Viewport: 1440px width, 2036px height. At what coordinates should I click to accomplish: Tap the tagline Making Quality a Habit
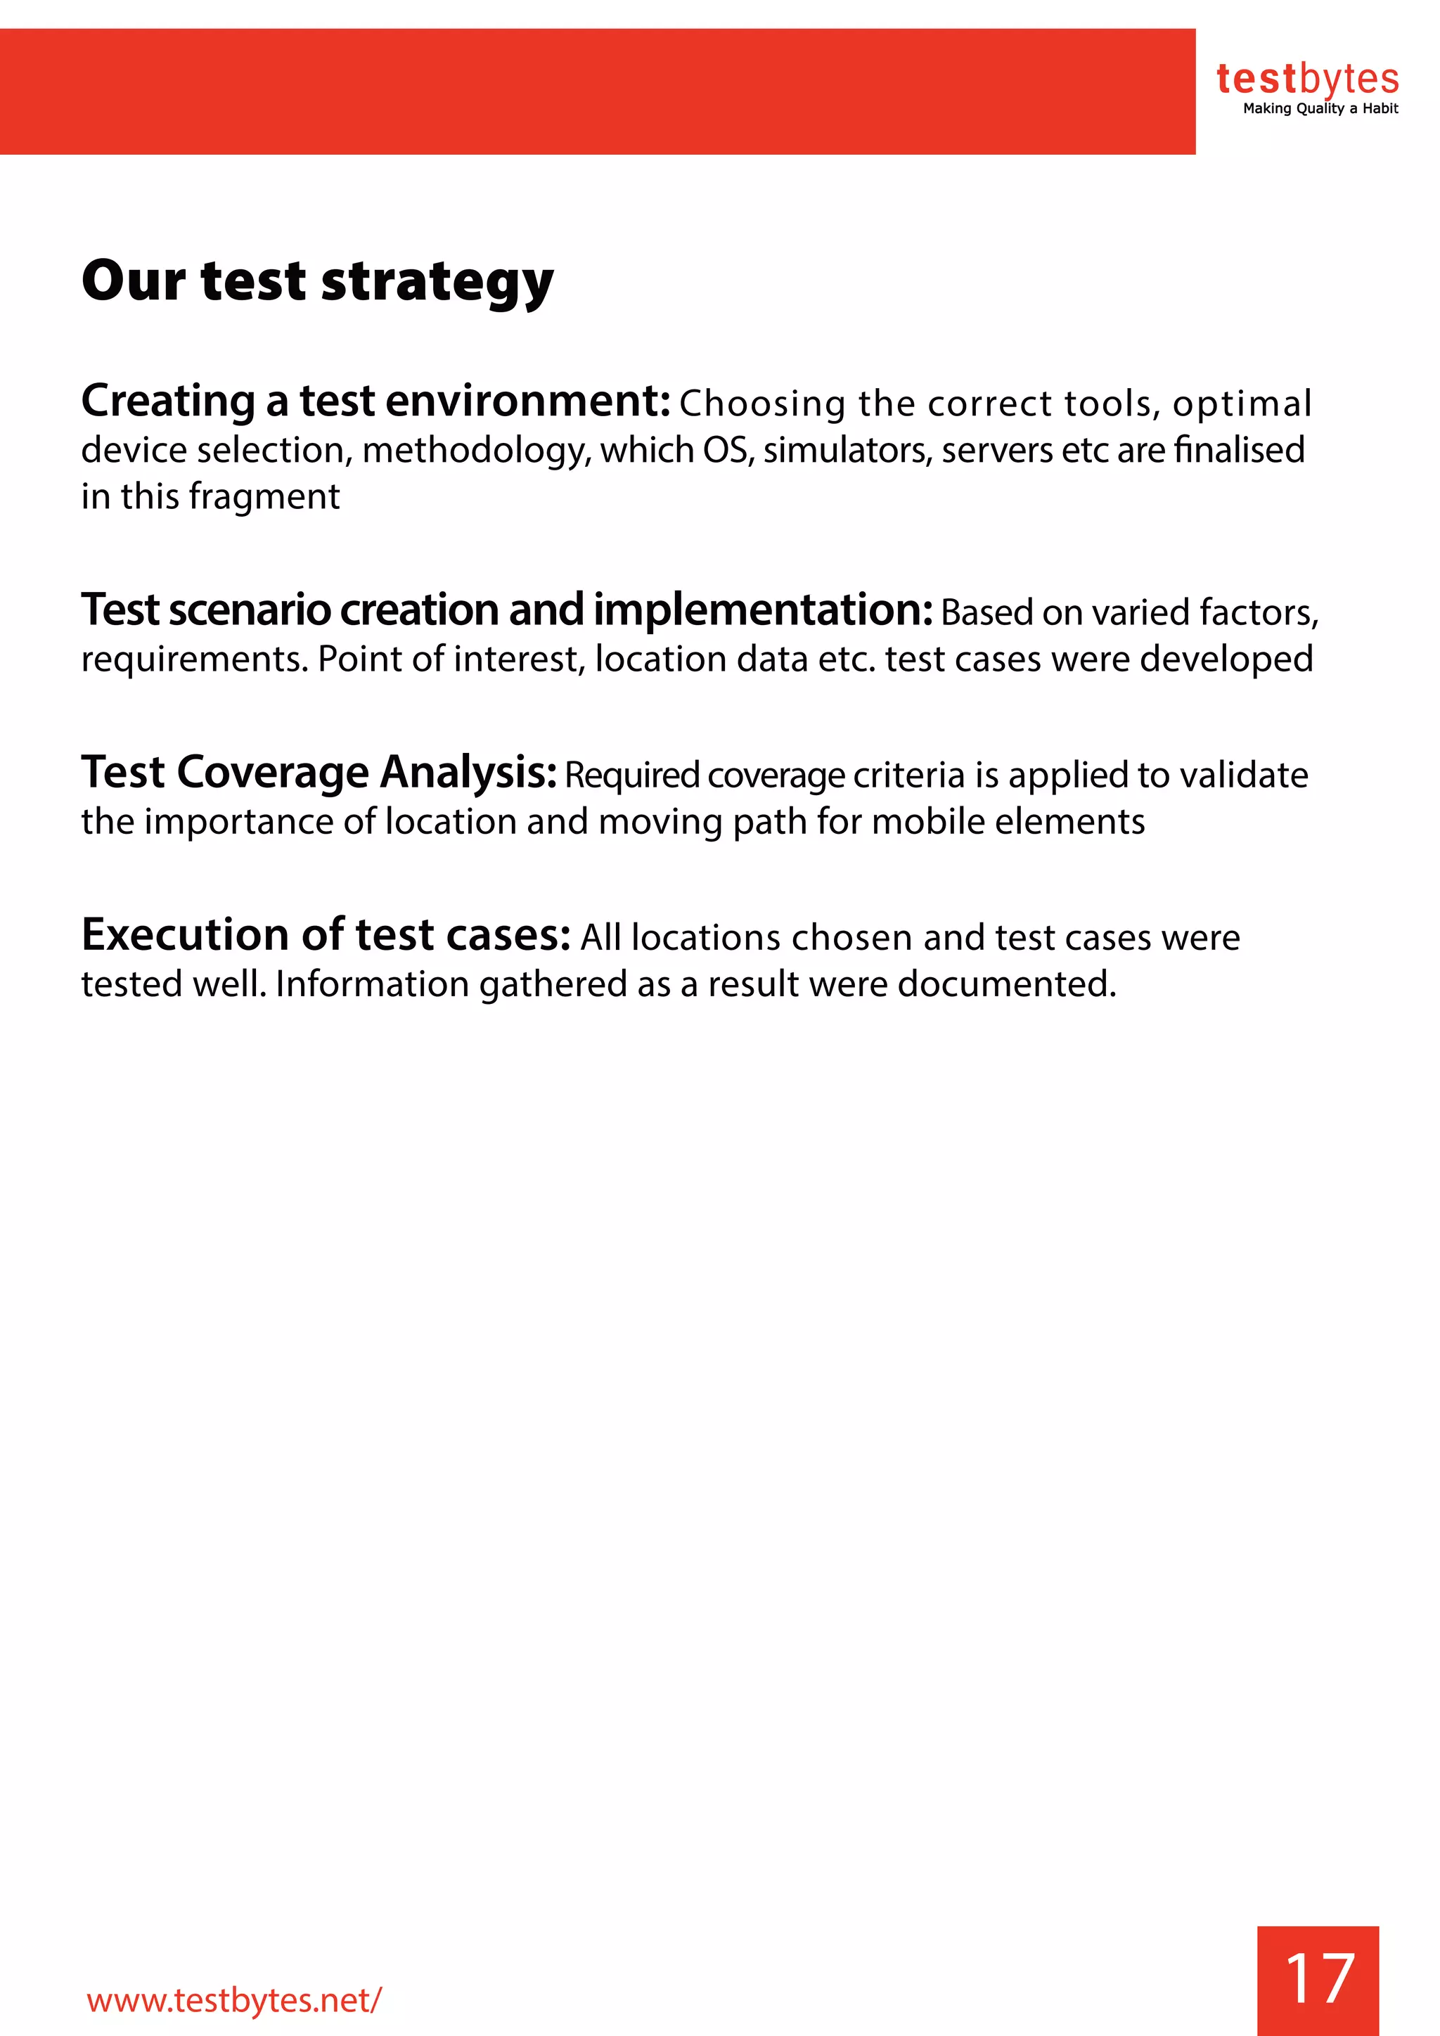pos(1320,109)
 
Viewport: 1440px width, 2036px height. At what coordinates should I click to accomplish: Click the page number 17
pos(1318,1978)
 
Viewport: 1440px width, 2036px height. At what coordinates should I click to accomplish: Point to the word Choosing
pos(763,404)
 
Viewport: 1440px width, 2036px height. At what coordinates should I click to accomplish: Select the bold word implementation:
pos(763,610)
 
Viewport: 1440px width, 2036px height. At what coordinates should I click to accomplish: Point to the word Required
pos(632,775)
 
